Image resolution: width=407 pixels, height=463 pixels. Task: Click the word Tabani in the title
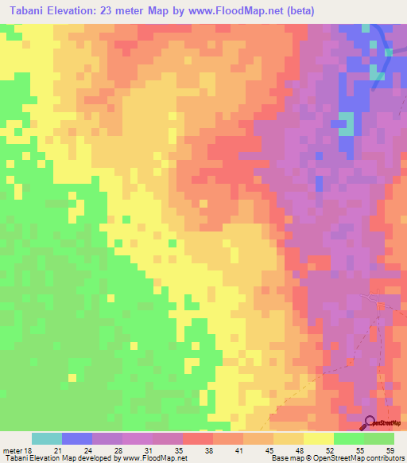pyautogui.click(x=28, y=11)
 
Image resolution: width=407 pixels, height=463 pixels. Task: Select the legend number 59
pyautogui.click(x=390, y=450)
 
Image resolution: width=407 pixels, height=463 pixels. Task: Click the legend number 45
pyautogui.click(x=269, y=450)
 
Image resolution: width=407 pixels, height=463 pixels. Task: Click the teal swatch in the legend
pyautogui.click(x=47, y=438)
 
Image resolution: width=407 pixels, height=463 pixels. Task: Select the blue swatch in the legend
pyautogui.click(x=77, y=438)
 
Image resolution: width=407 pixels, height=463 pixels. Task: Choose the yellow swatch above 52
pyautogui.click(x=318, y=438)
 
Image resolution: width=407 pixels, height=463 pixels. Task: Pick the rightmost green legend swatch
pyautogui.click(x=378, y=438)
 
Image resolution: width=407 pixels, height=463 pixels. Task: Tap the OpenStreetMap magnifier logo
pyautogui.click(x=369, y=422)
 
